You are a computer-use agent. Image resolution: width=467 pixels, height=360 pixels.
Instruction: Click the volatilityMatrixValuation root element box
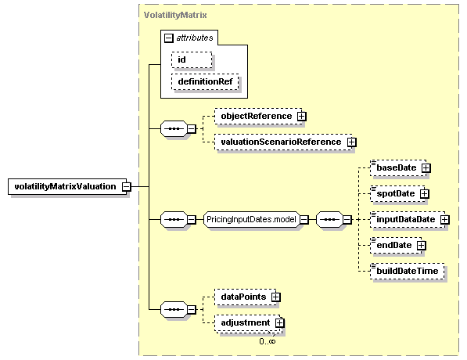[x=67, y=186]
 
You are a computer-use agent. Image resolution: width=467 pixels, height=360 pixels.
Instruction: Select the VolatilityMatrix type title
[x=175, y=15]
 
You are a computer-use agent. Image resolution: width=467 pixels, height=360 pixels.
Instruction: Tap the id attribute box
[x=192, y=60]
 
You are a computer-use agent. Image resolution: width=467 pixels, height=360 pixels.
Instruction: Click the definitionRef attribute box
[x=205, y=81]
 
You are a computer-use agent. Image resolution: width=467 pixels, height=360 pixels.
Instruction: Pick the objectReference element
[x=258, y=117]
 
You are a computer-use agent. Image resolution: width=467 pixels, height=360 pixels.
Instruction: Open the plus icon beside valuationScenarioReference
[x=351, y=142]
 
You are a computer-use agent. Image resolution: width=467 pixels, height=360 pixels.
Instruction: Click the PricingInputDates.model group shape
[x=251, y=220]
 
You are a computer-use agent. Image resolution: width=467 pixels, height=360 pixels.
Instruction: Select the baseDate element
[x=398, y=167]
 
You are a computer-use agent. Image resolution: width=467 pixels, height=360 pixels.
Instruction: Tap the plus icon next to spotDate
[x=425, y=194]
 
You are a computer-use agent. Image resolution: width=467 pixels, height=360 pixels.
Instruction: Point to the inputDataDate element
[x=408, y=220]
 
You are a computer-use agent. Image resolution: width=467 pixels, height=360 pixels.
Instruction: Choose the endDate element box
[x=396, y=246]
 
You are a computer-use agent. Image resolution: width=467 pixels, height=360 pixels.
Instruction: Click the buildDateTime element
[x=407, y=272]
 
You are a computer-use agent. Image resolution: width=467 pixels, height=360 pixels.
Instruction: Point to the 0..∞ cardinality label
[x=268, y=341]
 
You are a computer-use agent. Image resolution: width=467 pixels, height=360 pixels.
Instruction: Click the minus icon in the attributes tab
[x=168, y=38]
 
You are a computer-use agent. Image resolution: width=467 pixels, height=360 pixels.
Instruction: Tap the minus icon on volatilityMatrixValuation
[x=127, y=187]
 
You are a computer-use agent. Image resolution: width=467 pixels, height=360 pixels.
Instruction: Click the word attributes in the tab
[x=195, y=38]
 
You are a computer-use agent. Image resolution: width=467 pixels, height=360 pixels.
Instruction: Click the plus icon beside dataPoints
[x=276, y=297]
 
